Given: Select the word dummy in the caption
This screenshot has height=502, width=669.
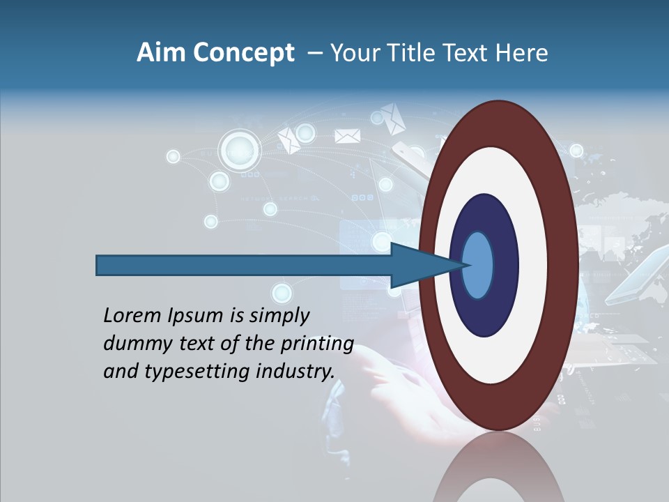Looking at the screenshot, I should tap(134, 344).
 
